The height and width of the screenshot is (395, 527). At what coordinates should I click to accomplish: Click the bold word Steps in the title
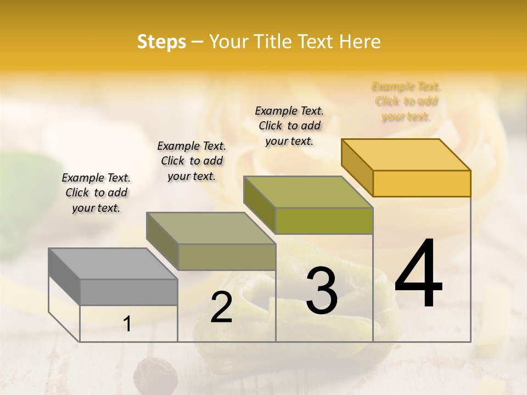[x=161, y=42]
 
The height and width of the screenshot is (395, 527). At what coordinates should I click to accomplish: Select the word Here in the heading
[x=360, y=42]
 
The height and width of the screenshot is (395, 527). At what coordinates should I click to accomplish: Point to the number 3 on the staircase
[x=322, y=291]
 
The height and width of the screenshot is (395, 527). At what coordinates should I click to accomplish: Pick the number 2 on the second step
[x=221, y=307]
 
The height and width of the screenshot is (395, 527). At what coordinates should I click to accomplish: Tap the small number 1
[x=127, y=324]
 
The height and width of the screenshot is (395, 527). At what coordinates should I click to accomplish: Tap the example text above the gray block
[x=96, y=193]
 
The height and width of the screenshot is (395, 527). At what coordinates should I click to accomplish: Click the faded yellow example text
[x=406, y=101]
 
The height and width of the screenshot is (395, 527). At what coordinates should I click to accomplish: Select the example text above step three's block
[x=289, y=126]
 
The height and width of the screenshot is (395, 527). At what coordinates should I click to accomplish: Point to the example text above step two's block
[x=192, y=161]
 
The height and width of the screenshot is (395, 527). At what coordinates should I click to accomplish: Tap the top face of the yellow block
[x=406, y=154]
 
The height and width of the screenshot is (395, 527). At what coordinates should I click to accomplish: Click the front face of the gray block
[x=128, y=292]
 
